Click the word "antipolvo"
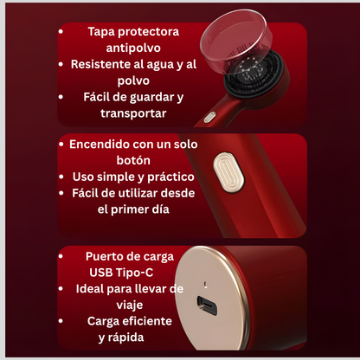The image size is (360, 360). (x=133, y=48)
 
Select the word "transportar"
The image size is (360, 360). (x=133, y=113)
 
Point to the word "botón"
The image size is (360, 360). (x=133, y=160)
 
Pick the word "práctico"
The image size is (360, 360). (x=170, y=177)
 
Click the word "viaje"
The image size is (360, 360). (x=130, y=305)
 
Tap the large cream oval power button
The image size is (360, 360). (x=228, y=173)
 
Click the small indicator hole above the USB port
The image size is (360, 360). (x=205, y=284)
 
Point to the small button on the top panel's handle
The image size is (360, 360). (x=209, y=118)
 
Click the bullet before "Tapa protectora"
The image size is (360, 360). (x=61, y=31)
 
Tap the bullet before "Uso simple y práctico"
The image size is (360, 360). (x=61, y=177)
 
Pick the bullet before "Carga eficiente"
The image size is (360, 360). (x=61, y=321)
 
